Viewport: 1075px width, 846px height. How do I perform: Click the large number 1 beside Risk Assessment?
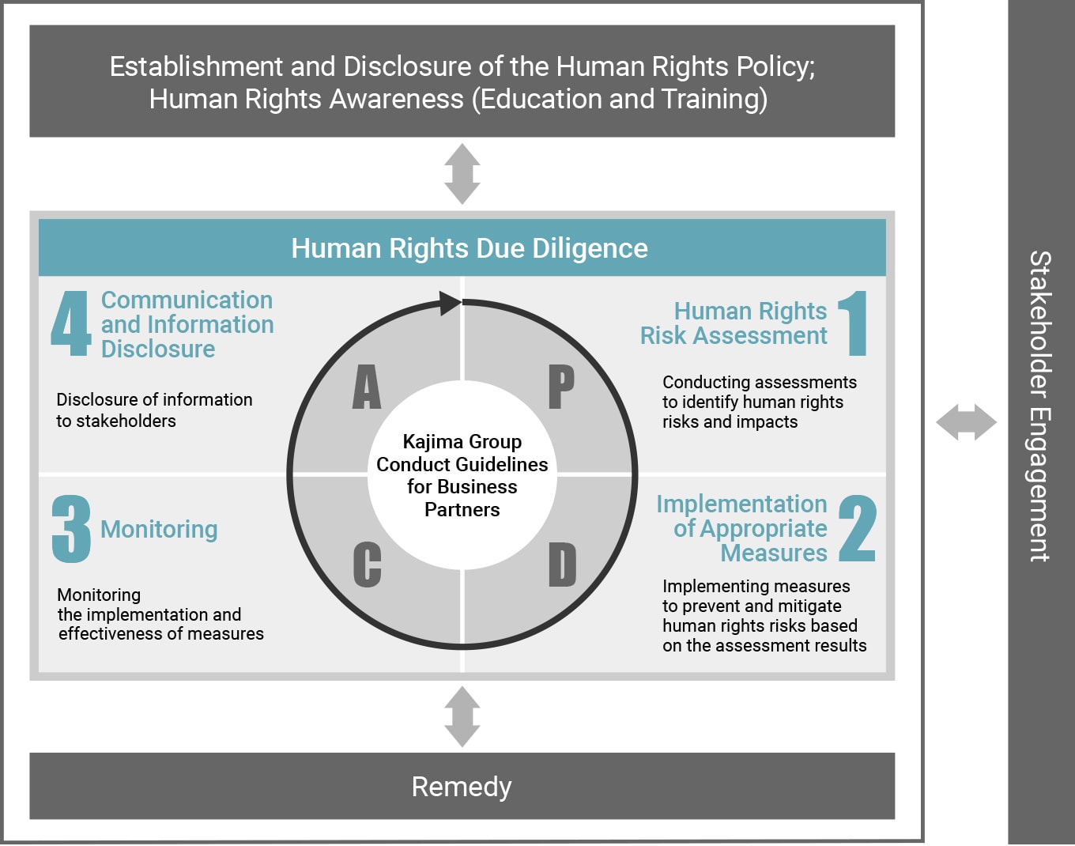pyautogui.click(x=854, y=323)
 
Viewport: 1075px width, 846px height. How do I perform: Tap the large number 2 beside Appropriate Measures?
pyautogui.click(x=857, y=529)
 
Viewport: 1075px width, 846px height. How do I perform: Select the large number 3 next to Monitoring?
pyautogui.click(x=71, y=529)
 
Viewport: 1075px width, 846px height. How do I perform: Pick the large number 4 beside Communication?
pyautogui.click(x=71, y=323)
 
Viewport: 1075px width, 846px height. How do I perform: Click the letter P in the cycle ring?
pyautogui.click(x=561, y=387)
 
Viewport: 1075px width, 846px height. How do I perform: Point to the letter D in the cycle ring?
pyautogui.click(x=563, y=565)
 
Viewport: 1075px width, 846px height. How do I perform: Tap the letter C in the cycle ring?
pyautogui.click(x=367, y=565)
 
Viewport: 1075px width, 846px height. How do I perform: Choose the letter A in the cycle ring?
pyautogui.click(x=367, y=387)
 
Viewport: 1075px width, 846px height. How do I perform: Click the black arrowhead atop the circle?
pyautogui.click(x=450, y=304)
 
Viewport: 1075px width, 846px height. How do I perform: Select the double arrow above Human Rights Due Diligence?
pyautogui.click(x=462, y=174)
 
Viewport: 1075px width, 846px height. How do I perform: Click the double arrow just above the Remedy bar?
pyautogui.click(x=462, y=716)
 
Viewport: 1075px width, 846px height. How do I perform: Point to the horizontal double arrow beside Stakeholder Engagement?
pyautogui.click(x=966, y=422)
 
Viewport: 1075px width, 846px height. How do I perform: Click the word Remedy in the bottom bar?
pyautogui.click(x=462, y=787)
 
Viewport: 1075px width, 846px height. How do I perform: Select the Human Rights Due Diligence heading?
pyautogui.click(x=470, y=248)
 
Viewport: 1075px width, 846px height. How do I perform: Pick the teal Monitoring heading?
pyautogui.click(x=160, y=530)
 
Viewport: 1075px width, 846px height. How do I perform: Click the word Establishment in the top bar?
pyautogui.click(x=196, y=66)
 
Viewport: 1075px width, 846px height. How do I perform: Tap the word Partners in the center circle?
pyautogui.click(x=462, y=510)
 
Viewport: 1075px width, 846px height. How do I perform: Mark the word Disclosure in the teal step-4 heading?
pyautogui.click(x=158, y=349)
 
